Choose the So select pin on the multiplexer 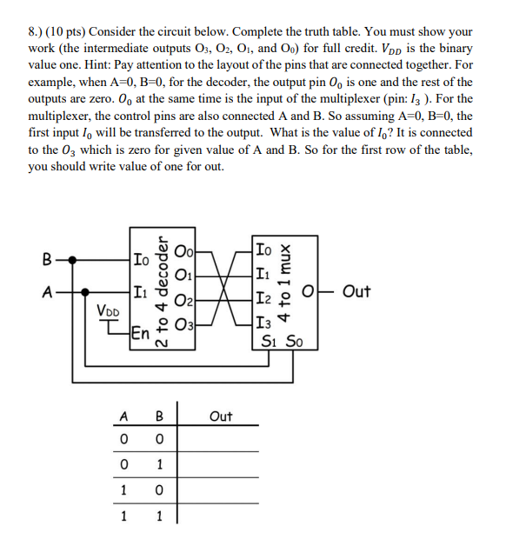(295, 342)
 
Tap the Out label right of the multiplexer (358, 291)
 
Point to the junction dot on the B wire (72, 259)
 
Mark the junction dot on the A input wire (83, 292)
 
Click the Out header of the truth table (221, 416)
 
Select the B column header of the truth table (158, 416)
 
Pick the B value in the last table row (158, 516)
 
